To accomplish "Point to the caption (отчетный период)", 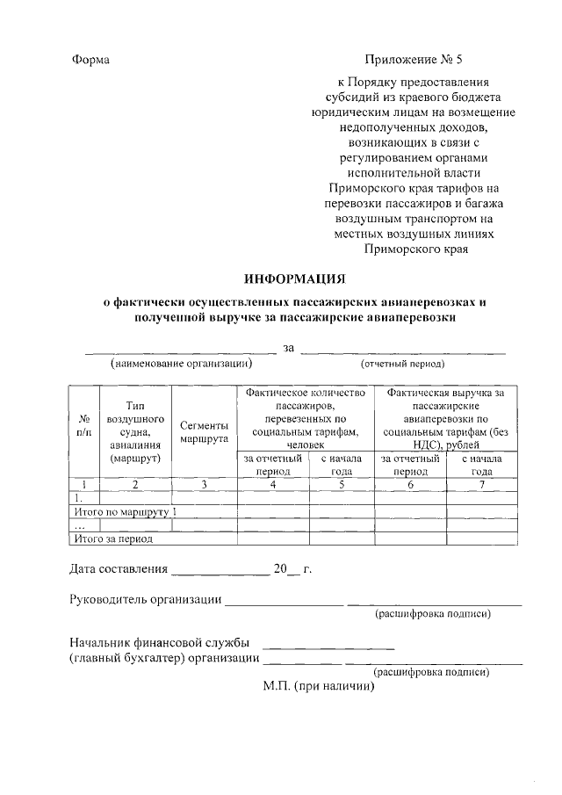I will pyautogui.click(x=403, y=363).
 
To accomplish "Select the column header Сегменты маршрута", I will pyautogui.click(x=204, y=430).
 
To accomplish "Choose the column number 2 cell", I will pyautogui.click(x=134, y=484).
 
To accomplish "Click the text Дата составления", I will pyautogui.click(x=119, y=569).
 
